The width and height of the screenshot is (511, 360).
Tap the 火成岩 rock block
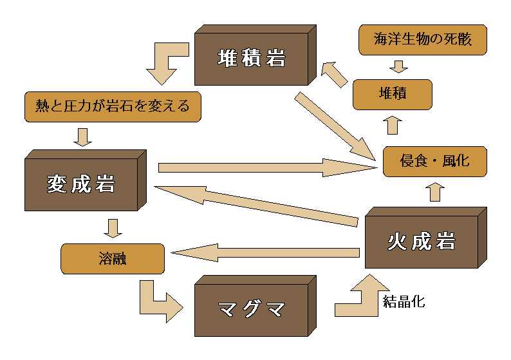[x=421, y=242]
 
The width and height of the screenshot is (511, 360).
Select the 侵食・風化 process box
[x=434, y=161]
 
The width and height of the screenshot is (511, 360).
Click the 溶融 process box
[x=112, y=259]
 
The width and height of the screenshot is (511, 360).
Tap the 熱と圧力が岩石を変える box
[x=113, y=107]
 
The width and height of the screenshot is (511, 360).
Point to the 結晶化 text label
[x=404, y=301]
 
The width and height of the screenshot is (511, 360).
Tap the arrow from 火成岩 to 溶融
[x=264, y=252]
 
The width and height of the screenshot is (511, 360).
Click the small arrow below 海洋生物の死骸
[x=399, y=66]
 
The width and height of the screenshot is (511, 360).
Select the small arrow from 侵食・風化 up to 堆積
[x=393, y=125]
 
